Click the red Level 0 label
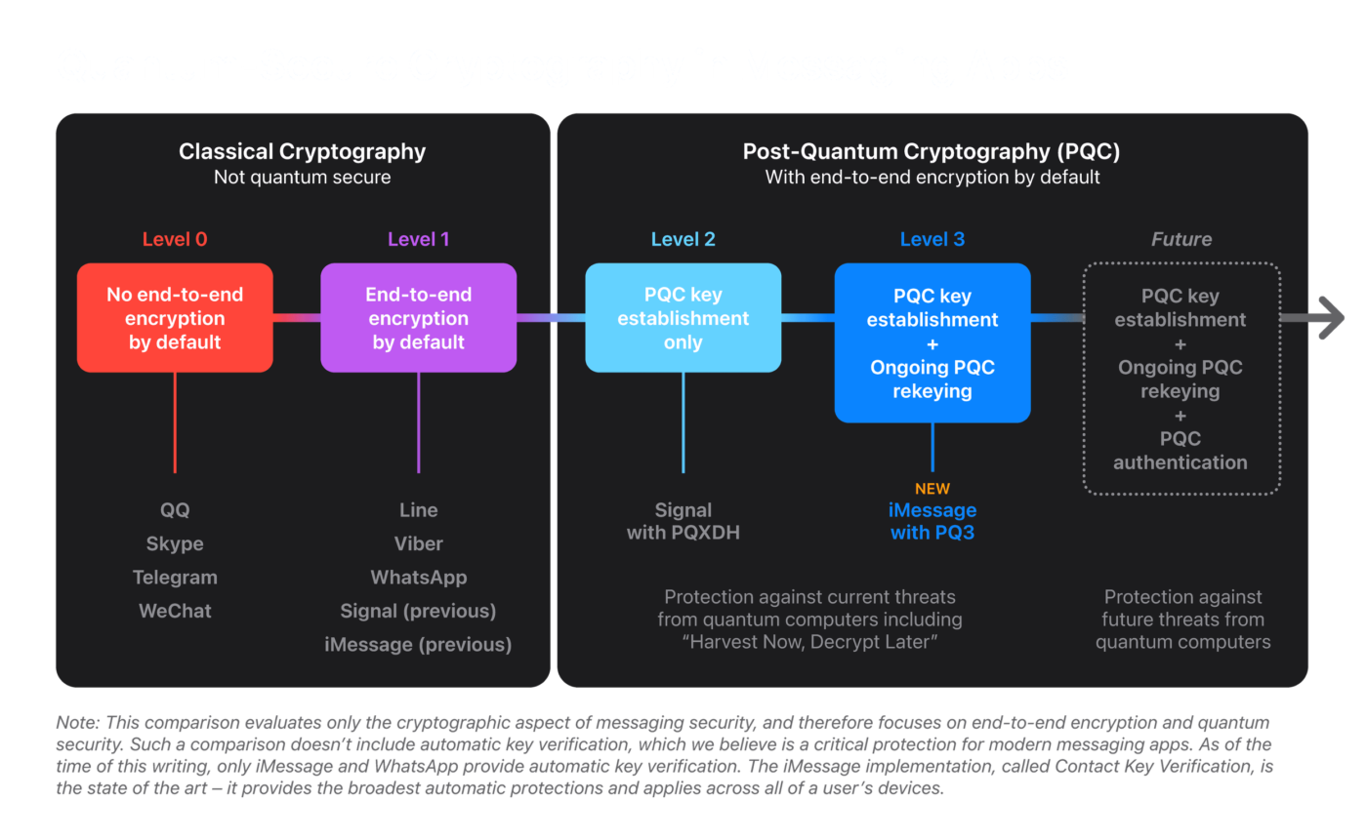coord(175,239)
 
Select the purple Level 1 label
coord(419,239)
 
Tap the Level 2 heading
coord(683,239)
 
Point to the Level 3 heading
coord(932,239)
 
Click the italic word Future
coord(1181,239)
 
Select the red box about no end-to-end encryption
coord(175,318)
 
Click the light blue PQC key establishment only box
coord(683,318)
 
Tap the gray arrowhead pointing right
coord(1330,318)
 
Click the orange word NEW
coord(932,489)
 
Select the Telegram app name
coord(175,578)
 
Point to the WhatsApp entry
coord(419,578)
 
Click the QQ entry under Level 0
coord(175,510)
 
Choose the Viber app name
coord(419,543)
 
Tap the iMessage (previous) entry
coord(418,644)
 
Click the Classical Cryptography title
coord(302,152)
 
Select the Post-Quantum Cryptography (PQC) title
coord(932,152)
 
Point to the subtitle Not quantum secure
coord(302,178)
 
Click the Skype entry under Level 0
coord(175,543)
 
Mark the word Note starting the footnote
coord(77,722)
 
